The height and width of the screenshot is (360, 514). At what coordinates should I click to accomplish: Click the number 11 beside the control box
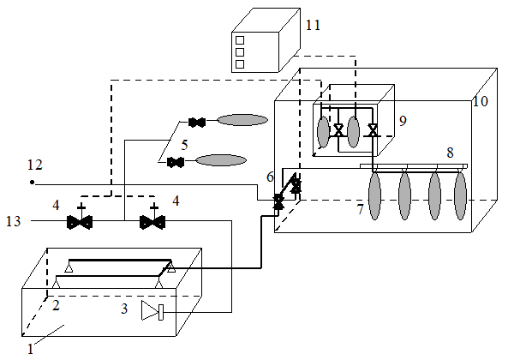tap(313, 25)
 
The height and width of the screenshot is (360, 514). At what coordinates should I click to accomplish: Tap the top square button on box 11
tap(240, 40)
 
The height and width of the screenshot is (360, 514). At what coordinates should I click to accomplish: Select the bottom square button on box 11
tap(240, 64)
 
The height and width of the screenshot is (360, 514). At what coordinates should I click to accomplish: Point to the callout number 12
tap(35, 165)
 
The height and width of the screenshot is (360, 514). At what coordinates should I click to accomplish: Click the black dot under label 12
tap(33, 183)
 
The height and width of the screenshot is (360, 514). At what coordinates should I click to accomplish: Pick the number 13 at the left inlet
tap(14, 221)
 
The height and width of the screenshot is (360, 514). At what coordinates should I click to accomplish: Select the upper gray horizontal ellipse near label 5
tap(242, 120)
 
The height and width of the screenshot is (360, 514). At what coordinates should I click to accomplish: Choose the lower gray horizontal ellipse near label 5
tap(221, 160)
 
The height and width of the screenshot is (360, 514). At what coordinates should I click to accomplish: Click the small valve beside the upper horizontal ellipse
tap(197, 123)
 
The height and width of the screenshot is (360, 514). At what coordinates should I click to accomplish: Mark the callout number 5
tap(184, 145)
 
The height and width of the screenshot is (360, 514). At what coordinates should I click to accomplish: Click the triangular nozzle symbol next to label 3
tap(152, 310)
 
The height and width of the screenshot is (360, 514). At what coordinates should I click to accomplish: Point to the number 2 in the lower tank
tap(56, 305)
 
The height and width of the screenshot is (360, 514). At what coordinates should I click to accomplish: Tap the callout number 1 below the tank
tap(30, 349)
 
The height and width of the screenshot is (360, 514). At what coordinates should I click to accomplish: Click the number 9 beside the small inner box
tap(403, 121)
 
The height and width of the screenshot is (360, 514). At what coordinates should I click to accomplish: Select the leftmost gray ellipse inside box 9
tap(323, 132)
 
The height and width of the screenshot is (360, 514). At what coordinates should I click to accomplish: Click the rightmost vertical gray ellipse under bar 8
tap(460, 195)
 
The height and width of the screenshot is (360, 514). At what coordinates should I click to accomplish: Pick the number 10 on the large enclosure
tap(481, 101)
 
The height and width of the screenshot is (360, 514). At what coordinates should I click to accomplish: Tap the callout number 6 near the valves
tap(270, 177)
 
